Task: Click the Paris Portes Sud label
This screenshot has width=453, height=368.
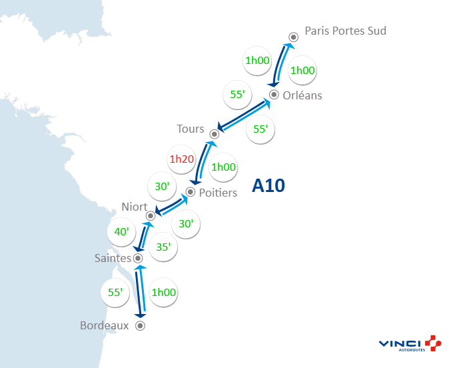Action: pos(345,31)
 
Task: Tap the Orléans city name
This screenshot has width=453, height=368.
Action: pos(302,95)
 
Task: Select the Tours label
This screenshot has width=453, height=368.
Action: pos(191,129)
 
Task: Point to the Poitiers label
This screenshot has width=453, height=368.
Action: pos(219,193)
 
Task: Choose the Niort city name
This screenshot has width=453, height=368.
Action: pos(135,207)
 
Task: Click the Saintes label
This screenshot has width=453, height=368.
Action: pos(113,258)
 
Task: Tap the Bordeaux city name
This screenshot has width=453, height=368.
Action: pos(104,326)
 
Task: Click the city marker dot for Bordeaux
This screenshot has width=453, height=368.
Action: pos(140,326)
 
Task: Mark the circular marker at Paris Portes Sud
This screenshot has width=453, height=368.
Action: pos(293,37)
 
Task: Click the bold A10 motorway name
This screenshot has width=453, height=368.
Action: pos(268,186)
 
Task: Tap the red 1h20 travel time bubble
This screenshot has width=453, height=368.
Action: pos(181,159)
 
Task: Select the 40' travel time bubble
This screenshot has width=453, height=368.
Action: pos(122,231)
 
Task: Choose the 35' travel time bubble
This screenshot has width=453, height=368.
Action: pos(163,247)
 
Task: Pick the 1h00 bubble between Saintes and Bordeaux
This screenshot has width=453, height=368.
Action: pos(164,292)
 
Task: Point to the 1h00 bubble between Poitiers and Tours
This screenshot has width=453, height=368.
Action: pos(224,167)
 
